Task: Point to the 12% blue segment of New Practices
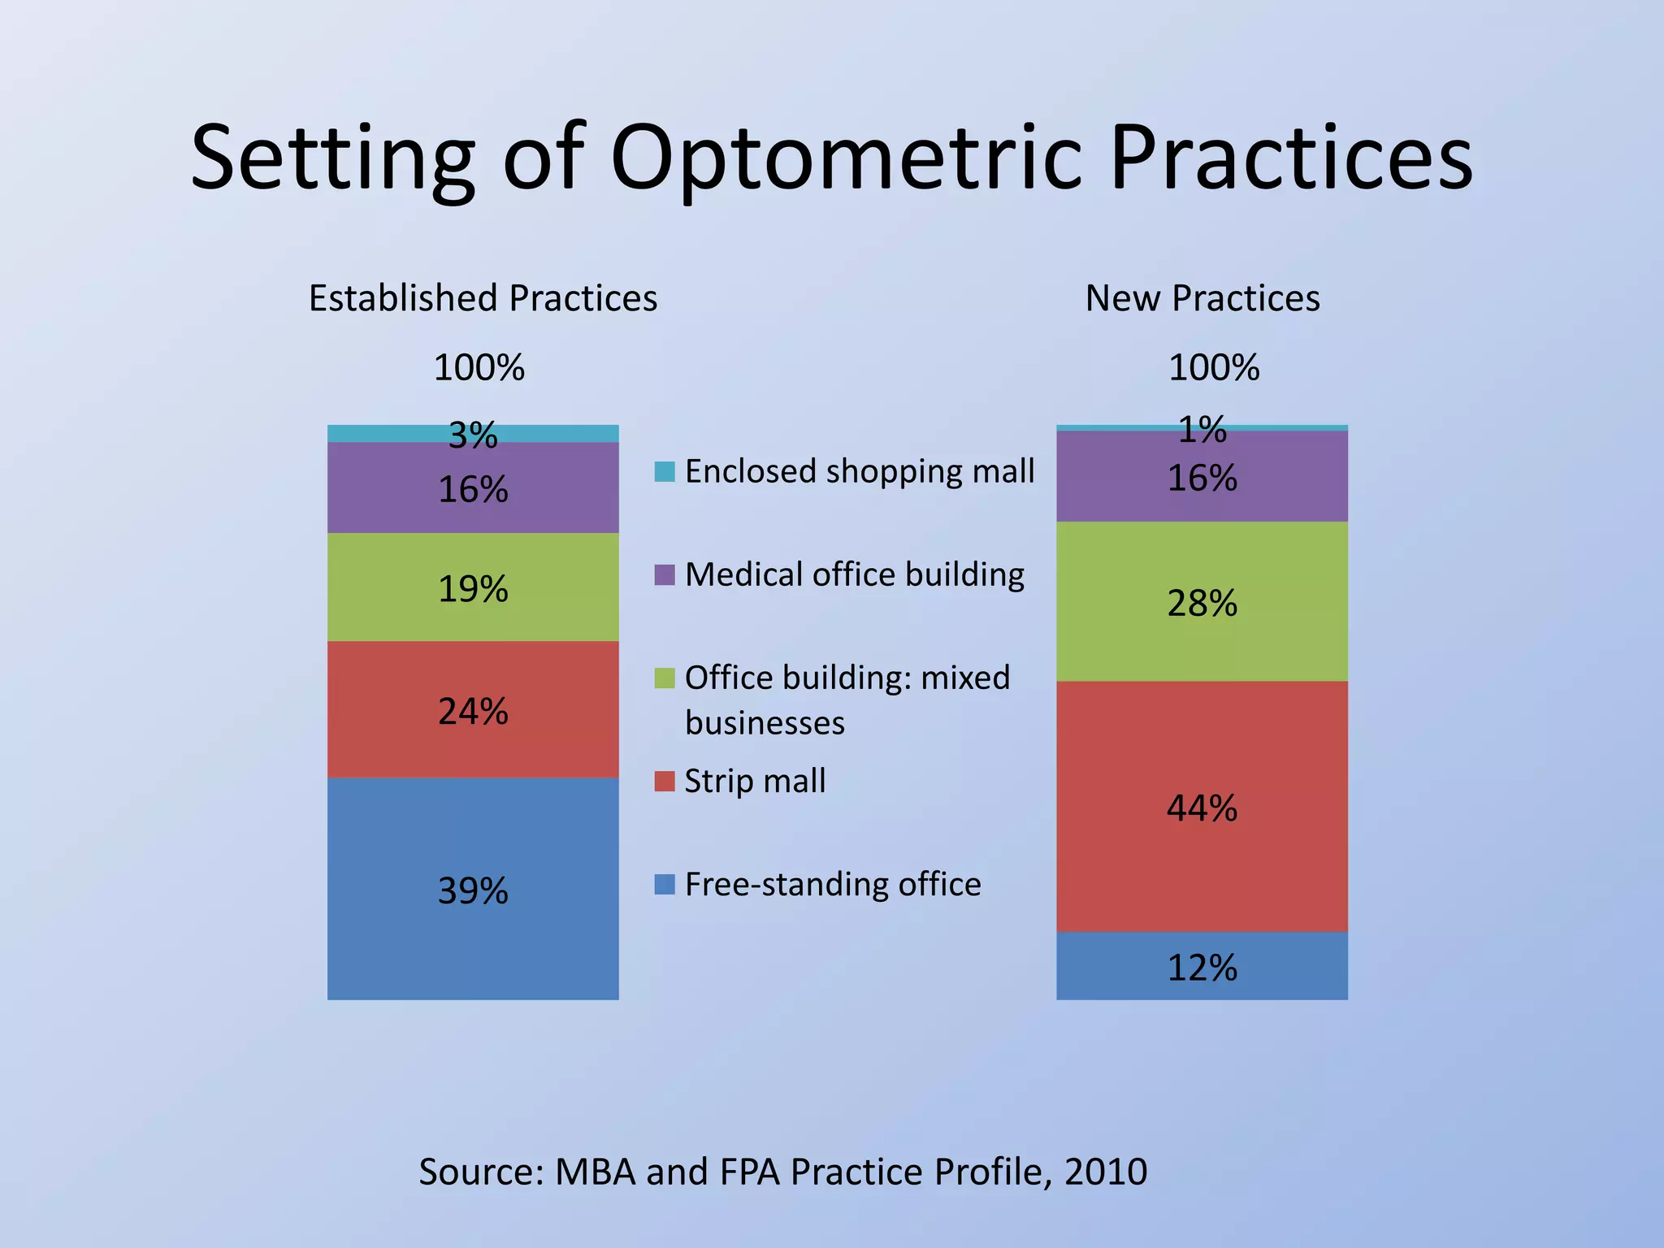pos(1202,967)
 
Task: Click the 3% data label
pos(473,436)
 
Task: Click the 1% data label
pos(1202,429)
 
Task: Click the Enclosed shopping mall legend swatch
pos(665,472)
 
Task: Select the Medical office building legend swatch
pos(665,575)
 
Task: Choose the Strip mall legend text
pos(755,781)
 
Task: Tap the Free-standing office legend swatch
pos(665,885)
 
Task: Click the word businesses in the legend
pos(765,723)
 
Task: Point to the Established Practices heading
pos(483,298)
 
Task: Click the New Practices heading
pos(1202,298)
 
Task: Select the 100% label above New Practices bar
pos(1214,368)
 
